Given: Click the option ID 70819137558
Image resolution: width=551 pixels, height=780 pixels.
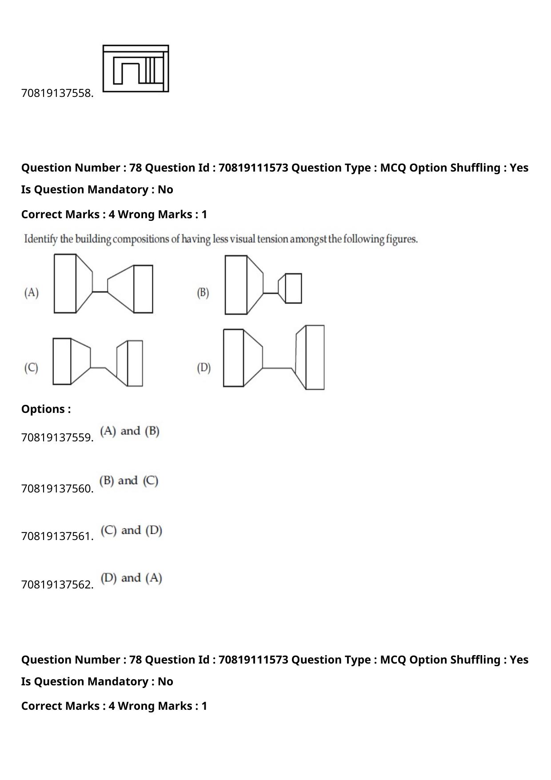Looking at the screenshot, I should point(57,93).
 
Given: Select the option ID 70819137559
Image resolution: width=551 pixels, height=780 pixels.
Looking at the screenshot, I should point(57,438).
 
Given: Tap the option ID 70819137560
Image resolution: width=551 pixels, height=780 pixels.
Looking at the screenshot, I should point(57,489).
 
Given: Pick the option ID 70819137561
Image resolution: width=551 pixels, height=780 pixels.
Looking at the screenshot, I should point(57,536).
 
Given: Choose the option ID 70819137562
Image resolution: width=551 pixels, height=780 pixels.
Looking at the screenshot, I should point(57,584).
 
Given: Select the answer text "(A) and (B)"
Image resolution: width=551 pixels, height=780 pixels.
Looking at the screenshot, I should point(130,431).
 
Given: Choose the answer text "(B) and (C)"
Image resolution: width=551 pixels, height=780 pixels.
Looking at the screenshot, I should point(129,481).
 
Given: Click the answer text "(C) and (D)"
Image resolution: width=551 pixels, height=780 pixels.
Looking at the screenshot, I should point(131,530).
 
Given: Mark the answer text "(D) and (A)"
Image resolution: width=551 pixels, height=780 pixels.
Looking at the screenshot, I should point(131,578).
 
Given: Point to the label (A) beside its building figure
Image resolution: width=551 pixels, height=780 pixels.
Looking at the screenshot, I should point(32,292).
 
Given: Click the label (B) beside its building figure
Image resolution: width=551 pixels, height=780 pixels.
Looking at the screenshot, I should point(203,292).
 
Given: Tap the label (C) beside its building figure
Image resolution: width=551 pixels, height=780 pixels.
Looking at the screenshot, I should point(31,368).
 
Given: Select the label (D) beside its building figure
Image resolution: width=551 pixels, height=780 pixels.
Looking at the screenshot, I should point(204,368).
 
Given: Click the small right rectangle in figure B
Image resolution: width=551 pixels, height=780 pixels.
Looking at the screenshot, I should point(293,288).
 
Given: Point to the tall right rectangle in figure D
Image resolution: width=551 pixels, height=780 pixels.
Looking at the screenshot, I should point(315,357).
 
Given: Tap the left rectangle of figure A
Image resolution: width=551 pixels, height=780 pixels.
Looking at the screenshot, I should point(65,284).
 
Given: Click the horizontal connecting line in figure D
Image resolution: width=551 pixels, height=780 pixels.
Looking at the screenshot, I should point(277,368).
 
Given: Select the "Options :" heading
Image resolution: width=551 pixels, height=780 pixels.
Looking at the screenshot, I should point(46,409).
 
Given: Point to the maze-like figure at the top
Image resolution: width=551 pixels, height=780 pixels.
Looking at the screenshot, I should point(136,68).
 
